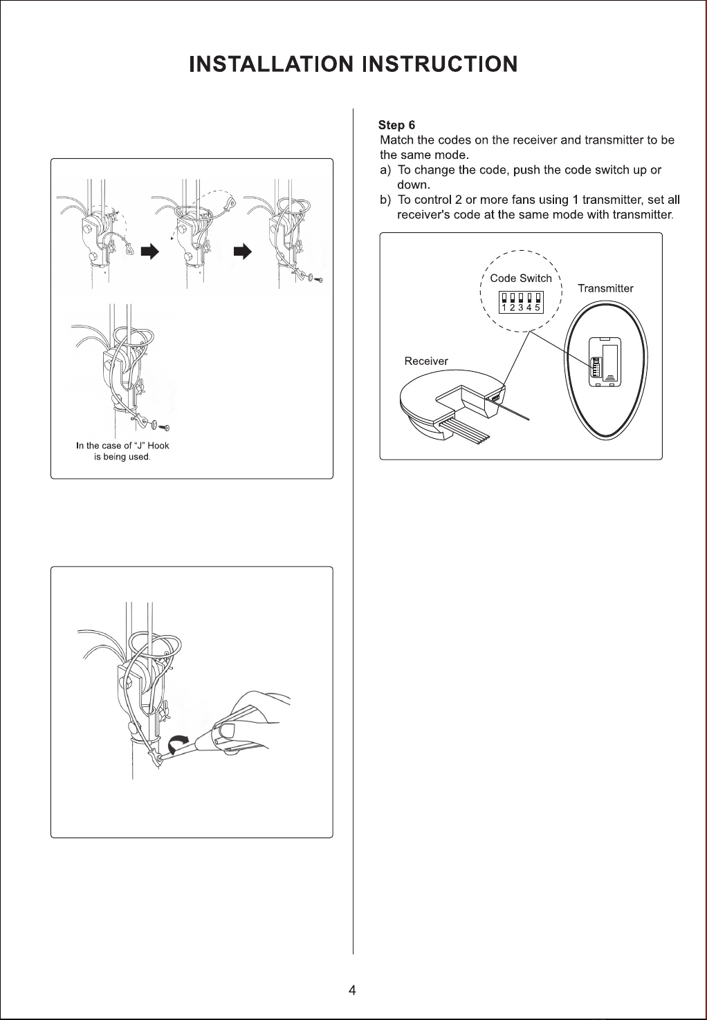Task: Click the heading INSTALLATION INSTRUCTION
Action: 353,64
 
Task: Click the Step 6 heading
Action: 396,125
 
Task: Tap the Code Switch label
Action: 520,278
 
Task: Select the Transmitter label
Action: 605,288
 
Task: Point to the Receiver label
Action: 426,361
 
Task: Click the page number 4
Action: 352,990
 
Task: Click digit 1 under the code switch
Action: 504,308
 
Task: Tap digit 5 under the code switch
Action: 538,308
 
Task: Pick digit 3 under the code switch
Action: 520,308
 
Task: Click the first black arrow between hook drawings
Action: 150,252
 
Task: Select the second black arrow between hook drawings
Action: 243,252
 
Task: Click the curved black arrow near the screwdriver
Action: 177,743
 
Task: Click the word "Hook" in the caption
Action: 158,446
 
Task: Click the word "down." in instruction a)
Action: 414,185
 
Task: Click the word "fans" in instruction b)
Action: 523,200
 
